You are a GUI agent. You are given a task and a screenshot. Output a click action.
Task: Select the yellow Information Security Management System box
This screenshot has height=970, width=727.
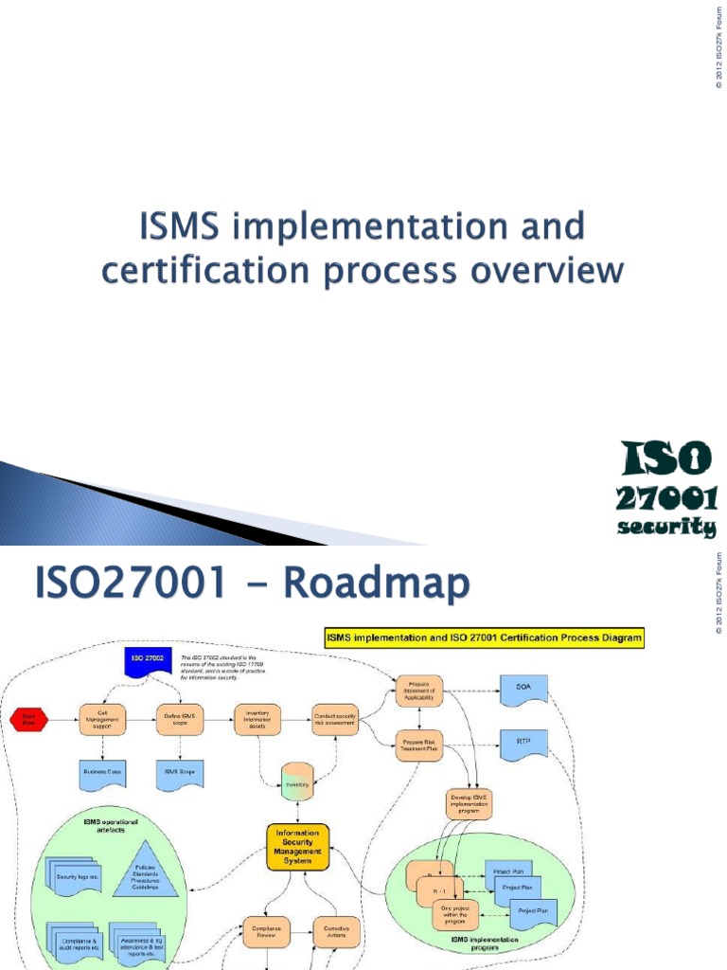click(x=296, y=845)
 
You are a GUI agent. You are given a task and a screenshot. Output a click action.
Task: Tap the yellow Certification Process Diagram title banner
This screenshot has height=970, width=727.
click(x=484, y=638)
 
